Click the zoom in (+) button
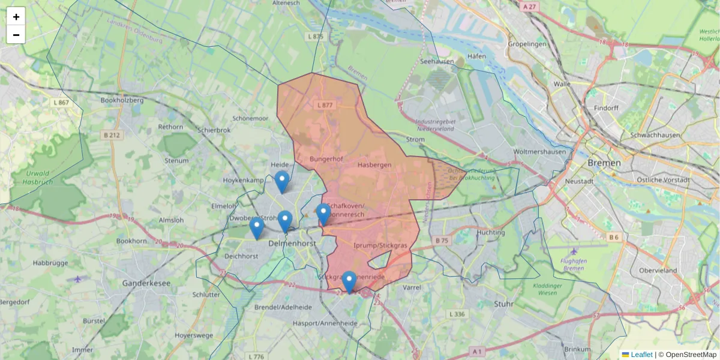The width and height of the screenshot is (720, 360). (x=16, y=17)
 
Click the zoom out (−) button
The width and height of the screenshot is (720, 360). (x=16, y=35)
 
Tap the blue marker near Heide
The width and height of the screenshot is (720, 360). (x=281, y=182)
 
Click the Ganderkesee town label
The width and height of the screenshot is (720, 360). (x=146, y=283)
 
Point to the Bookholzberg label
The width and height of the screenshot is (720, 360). (x=122, y=100)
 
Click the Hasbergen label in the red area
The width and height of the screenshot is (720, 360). (x=374, y=164)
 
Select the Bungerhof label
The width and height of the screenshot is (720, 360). (x=326, y=159)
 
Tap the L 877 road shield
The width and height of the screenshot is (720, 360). (x=324, y=105)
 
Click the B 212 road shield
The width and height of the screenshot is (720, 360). (x=112, y=135)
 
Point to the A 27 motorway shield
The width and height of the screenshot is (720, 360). (x=529, y=7)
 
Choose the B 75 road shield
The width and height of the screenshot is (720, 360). (x=442, y=241)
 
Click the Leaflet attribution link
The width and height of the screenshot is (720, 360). (x=641, y=355)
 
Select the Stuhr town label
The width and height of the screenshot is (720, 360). (x=503, y=304)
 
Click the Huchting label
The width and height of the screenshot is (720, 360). (x=490, y=232)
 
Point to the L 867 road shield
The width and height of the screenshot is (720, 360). (x=61, y=103)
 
